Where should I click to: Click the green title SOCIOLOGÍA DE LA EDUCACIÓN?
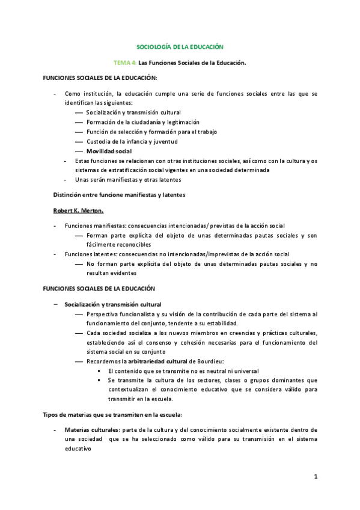[180, 46]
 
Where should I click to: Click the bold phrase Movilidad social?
[109, 151]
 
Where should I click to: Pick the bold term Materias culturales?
[91, 430]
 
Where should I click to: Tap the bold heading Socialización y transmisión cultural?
[112, 304]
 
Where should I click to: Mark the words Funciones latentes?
[90, 254]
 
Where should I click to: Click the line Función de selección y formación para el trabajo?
[151, 132]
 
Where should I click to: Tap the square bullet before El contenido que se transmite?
[99, 371]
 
